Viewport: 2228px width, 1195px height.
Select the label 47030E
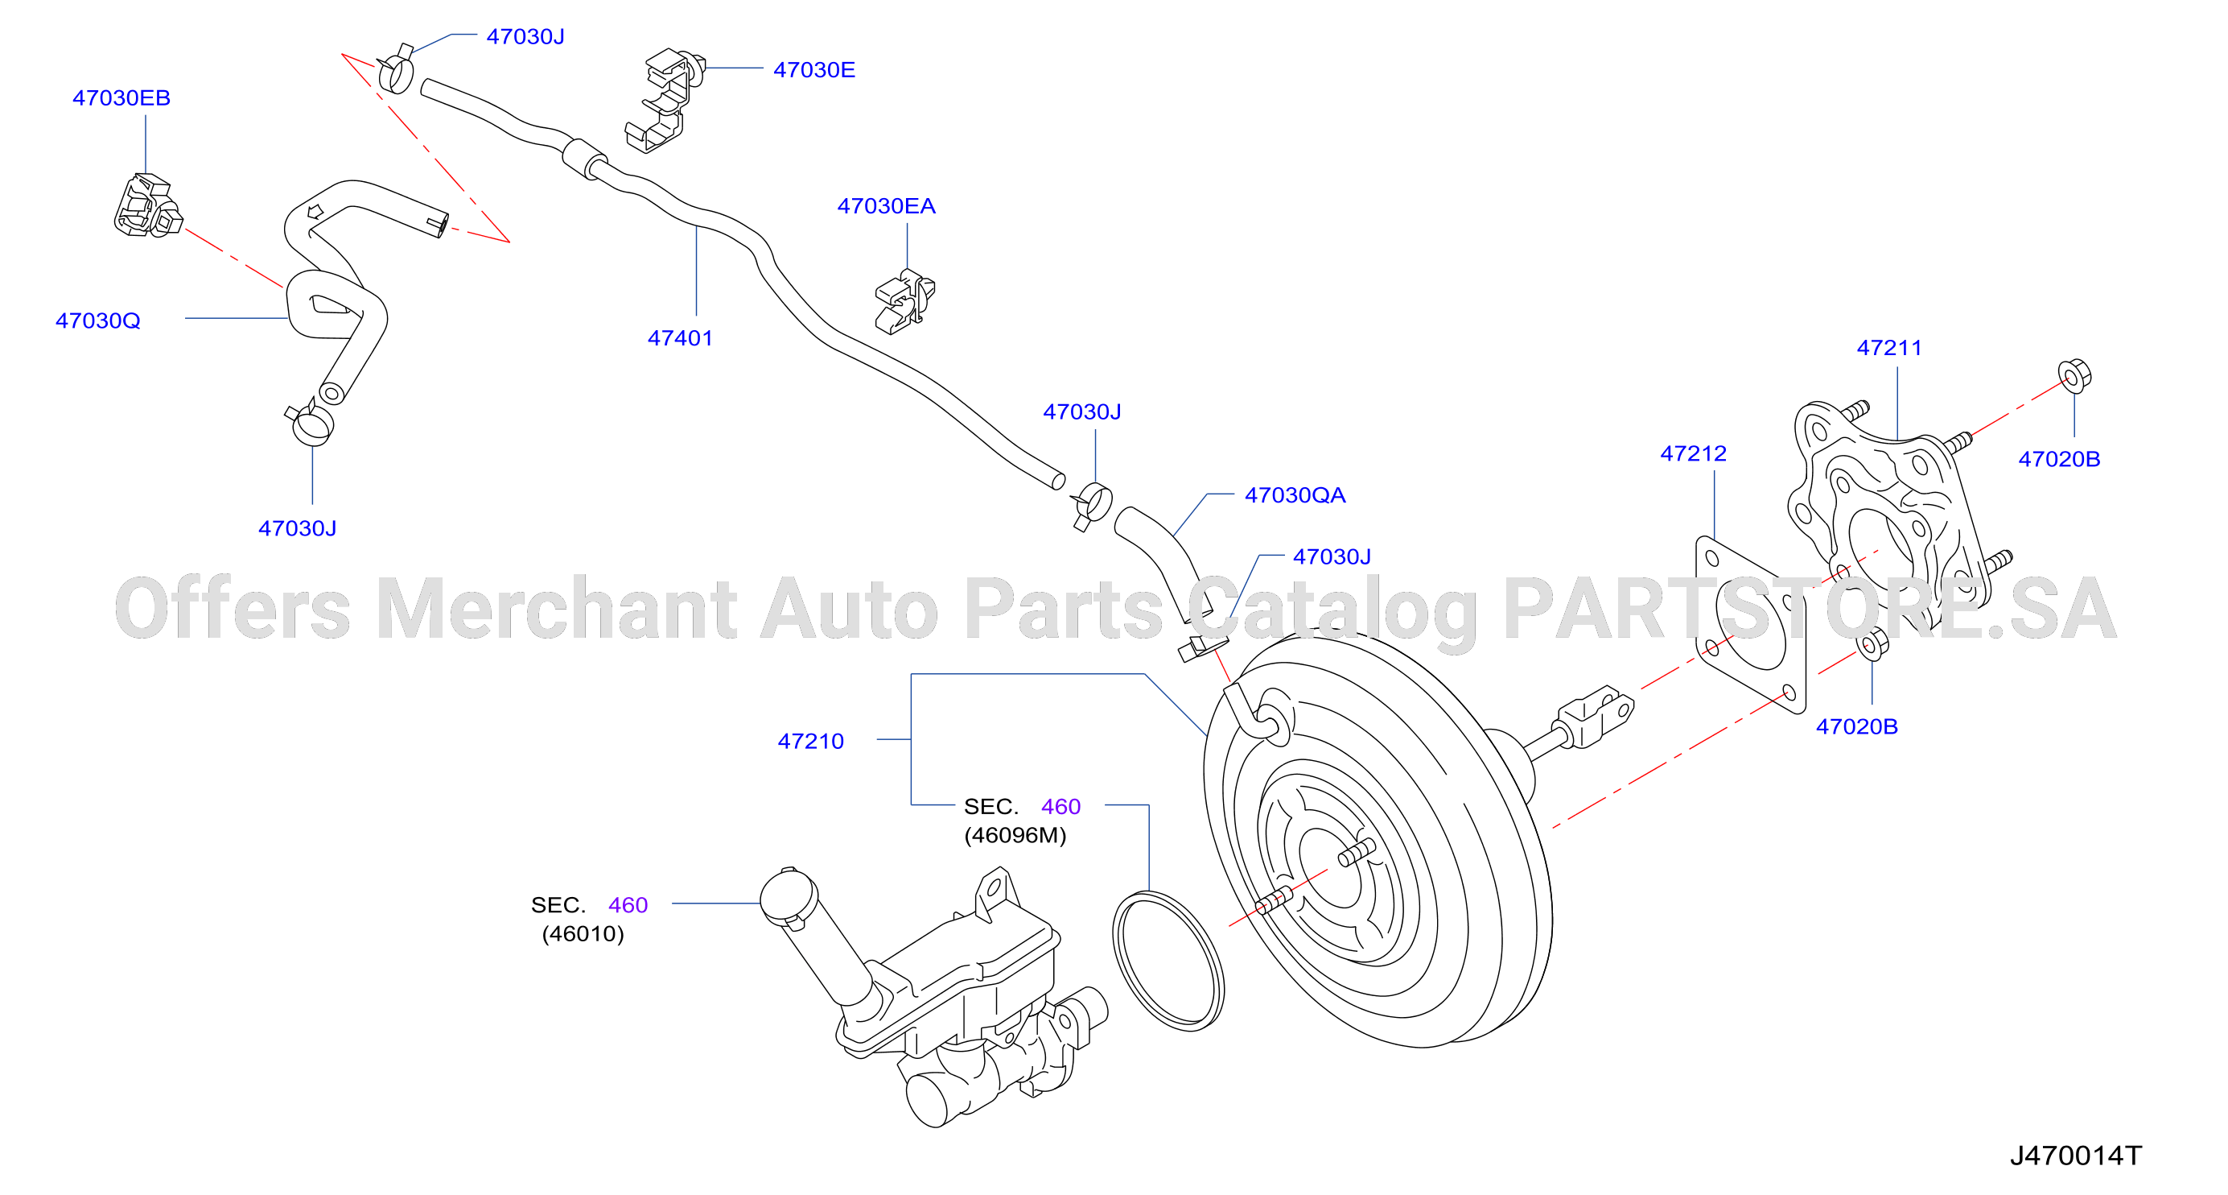(x=814, y=69)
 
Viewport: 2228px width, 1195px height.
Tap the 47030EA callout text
(x=886, y=206)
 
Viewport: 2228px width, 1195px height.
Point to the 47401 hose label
(x=680, y=337)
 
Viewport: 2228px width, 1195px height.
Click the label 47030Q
(x=97, y=320)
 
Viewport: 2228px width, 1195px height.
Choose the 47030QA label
(x=1295, y=495)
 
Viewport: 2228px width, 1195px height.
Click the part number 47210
(x=810, y=741)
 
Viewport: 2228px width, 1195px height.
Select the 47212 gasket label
(x=1693, y=453)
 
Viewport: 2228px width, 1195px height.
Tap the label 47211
(x=1889, y=348)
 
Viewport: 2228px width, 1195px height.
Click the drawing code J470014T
(x=2076, y=1156)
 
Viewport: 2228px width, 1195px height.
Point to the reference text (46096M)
(x=1015, y=835)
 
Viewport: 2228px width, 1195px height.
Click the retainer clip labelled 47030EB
(x=148, y=206)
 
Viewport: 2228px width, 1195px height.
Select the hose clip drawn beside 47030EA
(x=904, y=300)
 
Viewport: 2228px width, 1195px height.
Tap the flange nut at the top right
(x=2074, y=375)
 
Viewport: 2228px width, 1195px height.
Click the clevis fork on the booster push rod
(x=1594, y=716)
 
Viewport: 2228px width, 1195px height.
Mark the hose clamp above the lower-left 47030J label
(x=310, y=422)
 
